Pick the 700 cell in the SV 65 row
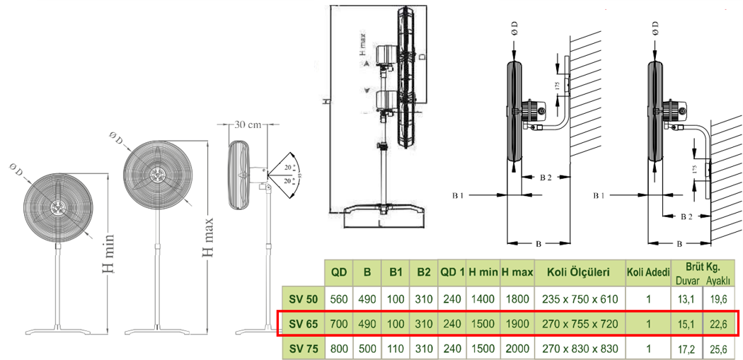[339, 324]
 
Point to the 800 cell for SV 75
[339, 349]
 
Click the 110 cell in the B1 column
[395, 349]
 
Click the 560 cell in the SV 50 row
[339, 298]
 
